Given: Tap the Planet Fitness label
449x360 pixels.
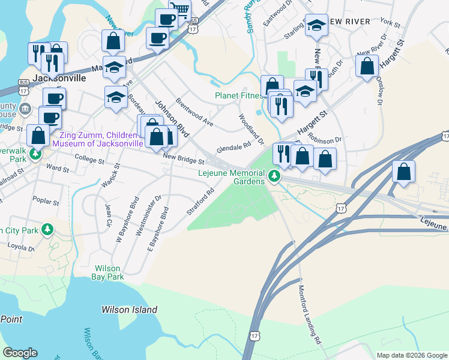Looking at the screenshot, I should (240, 96).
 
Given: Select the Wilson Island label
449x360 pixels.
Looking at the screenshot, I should (129, 310).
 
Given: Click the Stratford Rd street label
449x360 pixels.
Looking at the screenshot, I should (200, 203).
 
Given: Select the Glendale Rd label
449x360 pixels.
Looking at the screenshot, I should (233, 147).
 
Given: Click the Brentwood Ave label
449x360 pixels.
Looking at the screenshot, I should (194, 112).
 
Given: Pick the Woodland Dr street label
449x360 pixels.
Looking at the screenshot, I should (251, 130).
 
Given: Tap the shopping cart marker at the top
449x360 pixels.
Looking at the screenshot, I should (179, 8).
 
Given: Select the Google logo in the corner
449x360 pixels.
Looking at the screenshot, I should (20, 353).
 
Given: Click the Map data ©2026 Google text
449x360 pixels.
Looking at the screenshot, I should (412, 355).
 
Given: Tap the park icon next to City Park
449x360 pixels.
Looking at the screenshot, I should (48, 230).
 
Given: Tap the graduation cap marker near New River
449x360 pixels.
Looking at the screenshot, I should (316, 26).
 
